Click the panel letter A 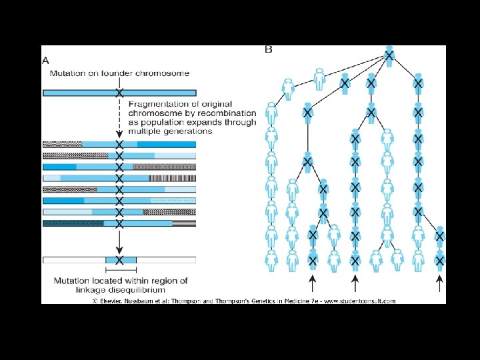click(46, 60)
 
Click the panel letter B click(269, 49)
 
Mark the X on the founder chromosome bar click(119, 93)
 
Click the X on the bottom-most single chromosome click(119, 259)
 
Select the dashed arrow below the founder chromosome click(119, 117)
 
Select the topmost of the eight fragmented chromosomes click(119, 144)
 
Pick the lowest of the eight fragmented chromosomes click(119, 223)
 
